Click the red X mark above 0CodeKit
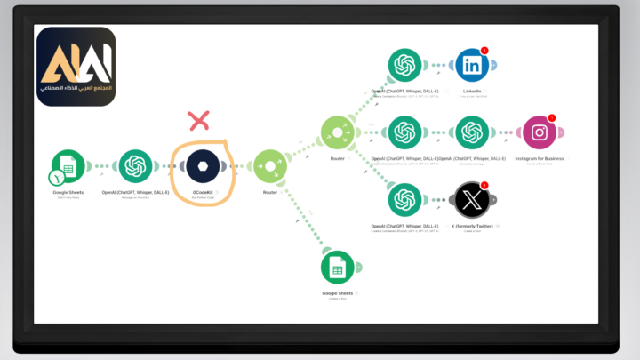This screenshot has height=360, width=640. coord(199,119)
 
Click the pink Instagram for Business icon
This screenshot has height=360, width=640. coord(539,133)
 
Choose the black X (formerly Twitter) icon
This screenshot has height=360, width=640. coord(472,199)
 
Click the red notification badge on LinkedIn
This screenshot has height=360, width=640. coord(484,52)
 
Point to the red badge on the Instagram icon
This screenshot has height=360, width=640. coord(551,118)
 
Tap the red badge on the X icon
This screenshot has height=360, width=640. coord(484,186)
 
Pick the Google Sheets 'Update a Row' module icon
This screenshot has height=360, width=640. coord(338,267)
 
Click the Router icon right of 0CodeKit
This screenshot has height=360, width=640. coord(270,166)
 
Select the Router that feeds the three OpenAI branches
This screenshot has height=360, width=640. coord(337,133)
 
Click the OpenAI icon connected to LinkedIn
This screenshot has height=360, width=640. coord(404,65)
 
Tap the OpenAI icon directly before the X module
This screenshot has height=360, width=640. coord(404,199)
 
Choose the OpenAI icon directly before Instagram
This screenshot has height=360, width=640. coord(471,133)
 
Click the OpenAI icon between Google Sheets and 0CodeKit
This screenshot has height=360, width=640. coord(135,166)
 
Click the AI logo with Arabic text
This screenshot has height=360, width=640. coord(76,67)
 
